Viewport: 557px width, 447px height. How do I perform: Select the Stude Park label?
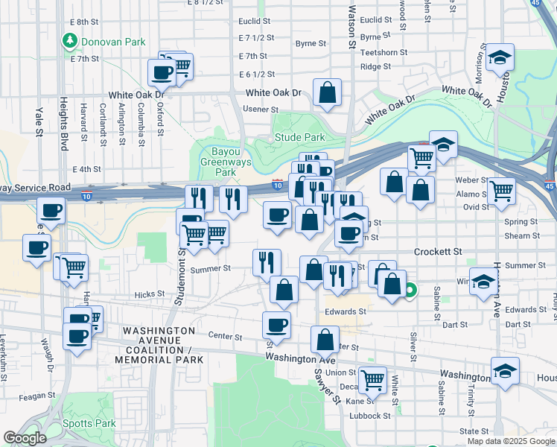pos(299,137)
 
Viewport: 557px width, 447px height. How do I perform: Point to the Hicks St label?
pos(149,294)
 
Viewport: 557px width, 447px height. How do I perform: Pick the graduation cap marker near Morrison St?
pos(500,57)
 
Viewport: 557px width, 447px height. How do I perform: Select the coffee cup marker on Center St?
pos(276,325)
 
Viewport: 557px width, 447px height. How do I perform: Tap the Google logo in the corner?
pos(25,438)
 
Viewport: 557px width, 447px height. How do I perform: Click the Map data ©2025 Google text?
pos(511,441)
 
